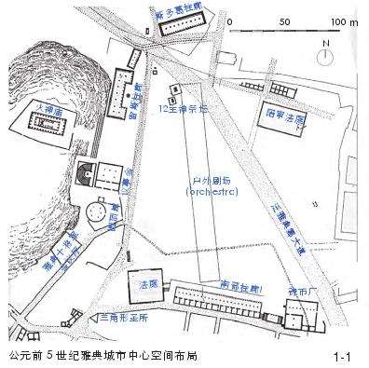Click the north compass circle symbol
(x=323, y=55)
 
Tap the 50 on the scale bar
(x=284, y=20)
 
